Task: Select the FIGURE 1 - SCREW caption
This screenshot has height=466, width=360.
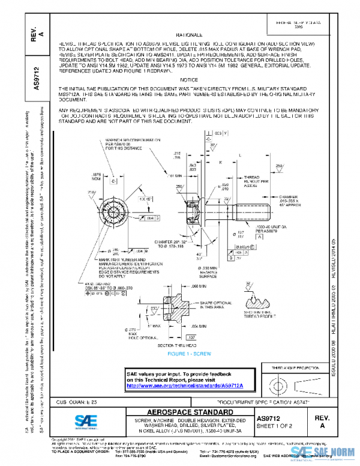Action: (188, 354)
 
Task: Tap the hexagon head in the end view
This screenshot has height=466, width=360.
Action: (112, 213)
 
